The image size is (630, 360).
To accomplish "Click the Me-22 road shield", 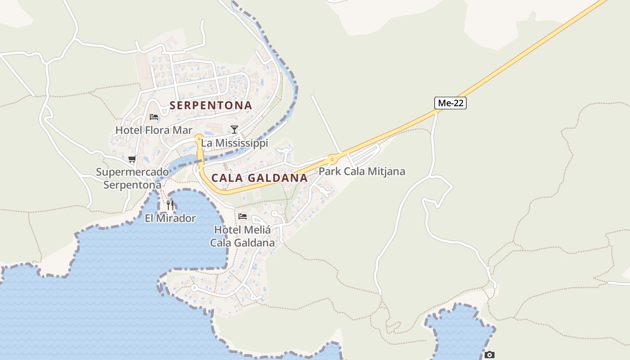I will point(450,103).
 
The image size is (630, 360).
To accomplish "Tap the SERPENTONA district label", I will point(211,105).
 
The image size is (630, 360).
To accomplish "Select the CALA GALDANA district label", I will point(260,178).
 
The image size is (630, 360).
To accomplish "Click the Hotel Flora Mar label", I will point(154,130).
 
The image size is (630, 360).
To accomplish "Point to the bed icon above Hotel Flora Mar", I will point(154,117).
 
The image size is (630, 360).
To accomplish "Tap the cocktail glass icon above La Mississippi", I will point(234,130).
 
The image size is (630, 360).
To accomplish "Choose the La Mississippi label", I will point(234,143).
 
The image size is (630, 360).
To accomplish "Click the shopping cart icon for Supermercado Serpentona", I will point(132,159).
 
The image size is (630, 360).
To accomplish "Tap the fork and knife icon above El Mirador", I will point(170,205).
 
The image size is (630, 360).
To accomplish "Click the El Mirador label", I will point(170,218).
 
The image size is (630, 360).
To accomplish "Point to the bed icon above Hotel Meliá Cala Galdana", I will point(243,216).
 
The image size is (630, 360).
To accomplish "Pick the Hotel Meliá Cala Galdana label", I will point(243,236).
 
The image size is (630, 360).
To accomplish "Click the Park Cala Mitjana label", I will point(362,171).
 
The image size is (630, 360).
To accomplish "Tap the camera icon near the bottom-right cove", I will point(490,355).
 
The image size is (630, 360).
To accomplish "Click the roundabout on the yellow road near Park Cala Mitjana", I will point(333,158).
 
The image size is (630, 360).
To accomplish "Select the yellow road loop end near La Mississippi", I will point(199,138).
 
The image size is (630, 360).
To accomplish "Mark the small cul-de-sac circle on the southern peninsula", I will point(194,288).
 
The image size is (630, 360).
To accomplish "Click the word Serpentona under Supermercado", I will point(132,185).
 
